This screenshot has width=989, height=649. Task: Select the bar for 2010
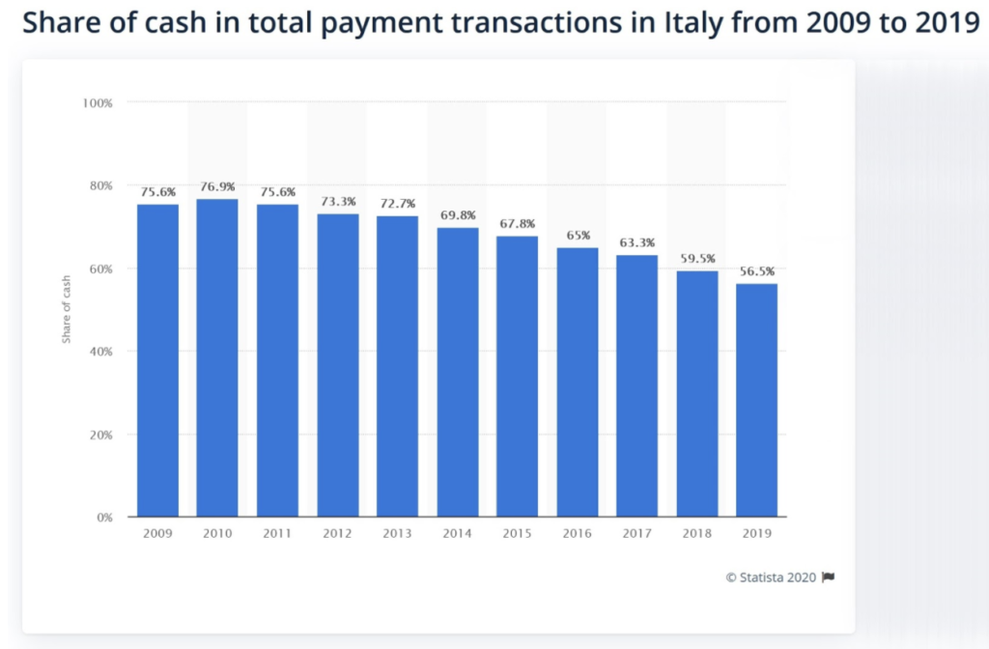click(x=217, y=357)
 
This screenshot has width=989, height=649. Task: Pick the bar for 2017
click(x=636, y=385)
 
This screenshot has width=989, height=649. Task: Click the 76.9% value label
click(x=217, y=186)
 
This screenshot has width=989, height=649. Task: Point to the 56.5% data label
click(x=756, y=271)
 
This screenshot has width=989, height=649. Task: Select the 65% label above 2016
click(x=577, y=236)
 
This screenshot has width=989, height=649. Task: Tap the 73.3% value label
click(x=338, y=202)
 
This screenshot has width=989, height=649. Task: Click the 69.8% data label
click(x=458, y=215)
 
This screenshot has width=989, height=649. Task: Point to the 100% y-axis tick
click(x=99, y=102)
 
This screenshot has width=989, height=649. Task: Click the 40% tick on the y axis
click(x=101, y=352)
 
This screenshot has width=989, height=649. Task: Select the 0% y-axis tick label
click(x=104, y=518)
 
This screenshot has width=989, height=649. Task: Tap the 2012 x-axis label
click(x=338, y=533)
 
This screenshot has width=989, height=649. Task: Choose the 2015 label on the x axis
click(x=518, y=533)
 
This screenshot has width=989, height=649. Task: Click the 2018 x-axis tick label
click(x=696, y=533)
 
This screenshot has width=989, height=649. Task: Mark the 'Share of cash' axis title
click(x=67, y=309)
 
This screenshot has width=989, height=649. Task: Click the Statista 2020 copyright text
click(x=771, y=578)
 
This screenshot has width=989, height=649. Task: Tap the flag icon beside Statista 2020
click(x=828, y=578)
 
